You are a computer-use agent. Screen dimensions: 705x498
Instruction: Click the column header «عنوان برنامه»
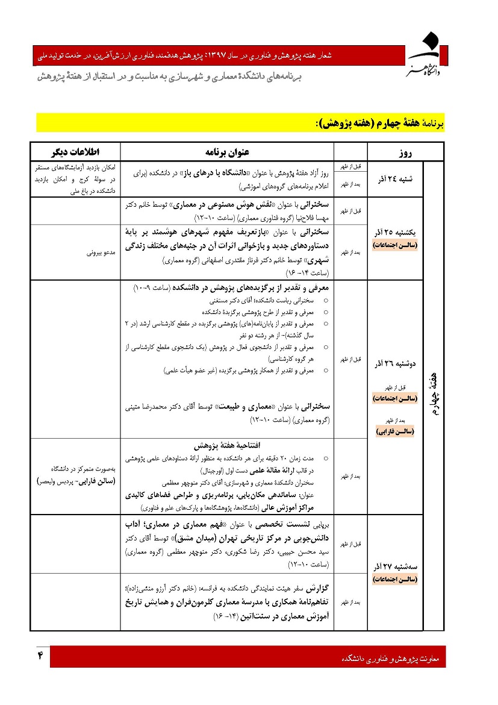(227, 151)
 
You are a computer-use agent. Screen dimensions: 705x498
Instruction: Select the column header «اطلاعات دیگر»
(75, 151)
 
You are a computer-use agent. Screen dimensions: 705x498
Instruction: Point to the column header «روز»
(405, 152)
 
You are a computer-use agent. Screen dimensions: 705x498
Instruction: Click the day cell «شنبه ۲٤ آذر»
(396, 180)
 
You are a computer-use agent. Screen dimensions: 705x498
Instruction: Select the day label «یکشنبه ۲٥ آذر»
(396, 233)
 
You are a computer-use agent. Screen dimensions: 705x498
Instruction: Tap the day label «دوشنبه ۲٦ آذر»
(396, 364)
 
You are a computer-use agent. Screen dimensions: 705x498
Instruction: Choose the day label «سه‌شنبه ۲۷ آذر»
(396, 567)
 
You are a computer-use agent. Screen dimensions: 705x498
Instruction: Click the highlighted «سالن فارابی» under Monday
(396, 431)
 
